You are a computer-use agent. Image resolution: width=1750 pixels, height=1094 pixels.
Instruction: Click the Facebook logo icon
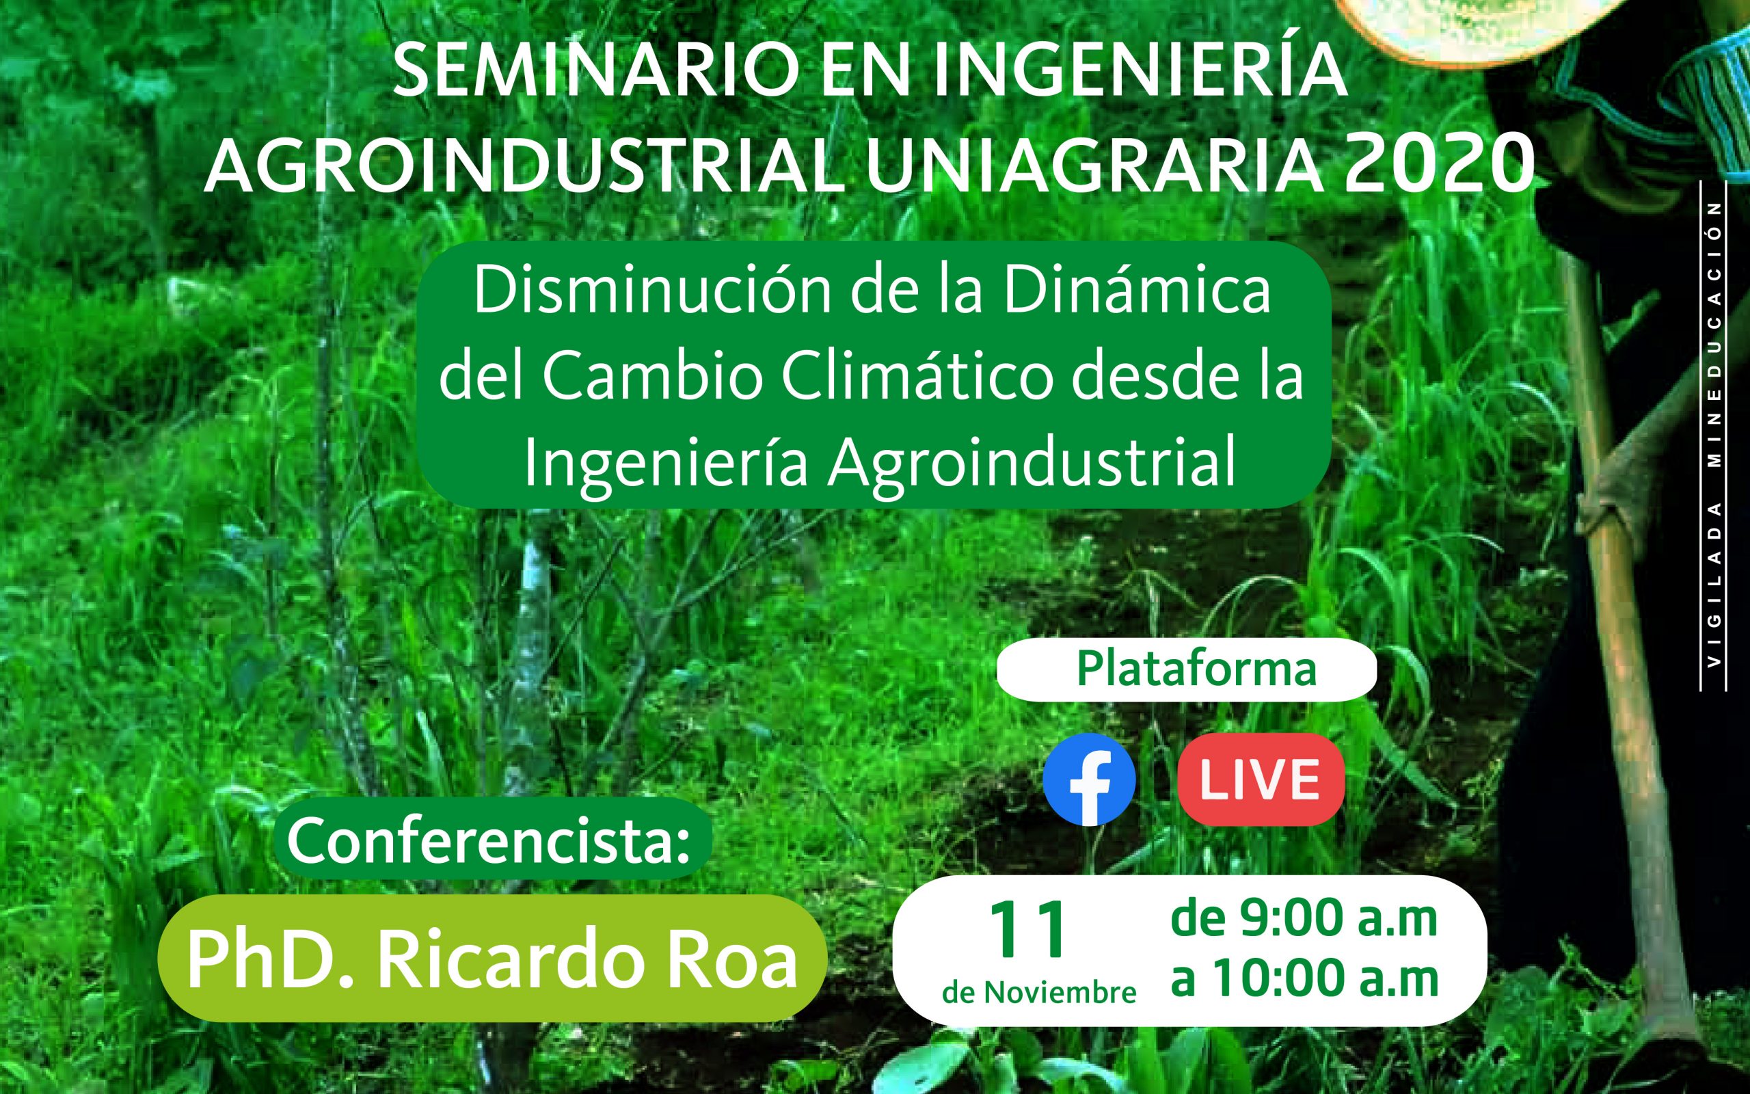(x=1089, y=779)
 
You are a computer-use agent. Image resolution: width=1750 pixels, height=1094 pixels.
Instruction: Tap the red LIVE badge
(x=1261, y=779)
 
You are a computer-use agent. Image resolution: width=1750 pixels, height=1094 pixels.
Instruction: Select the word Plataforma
(x=1196, y=669)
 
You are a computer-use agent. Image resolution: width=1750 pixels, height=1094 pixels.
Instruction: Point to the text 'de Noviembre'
(x=1039, y=993)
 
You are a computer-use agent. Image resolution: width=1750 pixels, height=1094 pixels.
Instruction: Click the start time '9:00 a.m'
(x=1338, y=918)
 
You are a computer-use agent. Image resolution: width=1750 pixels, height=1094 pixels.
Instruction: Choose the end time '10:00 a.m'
(x=1325, y=978)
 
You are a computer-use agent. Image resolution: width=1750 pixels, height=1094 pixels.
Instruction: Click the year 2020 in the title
(x=1439, y=164)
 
